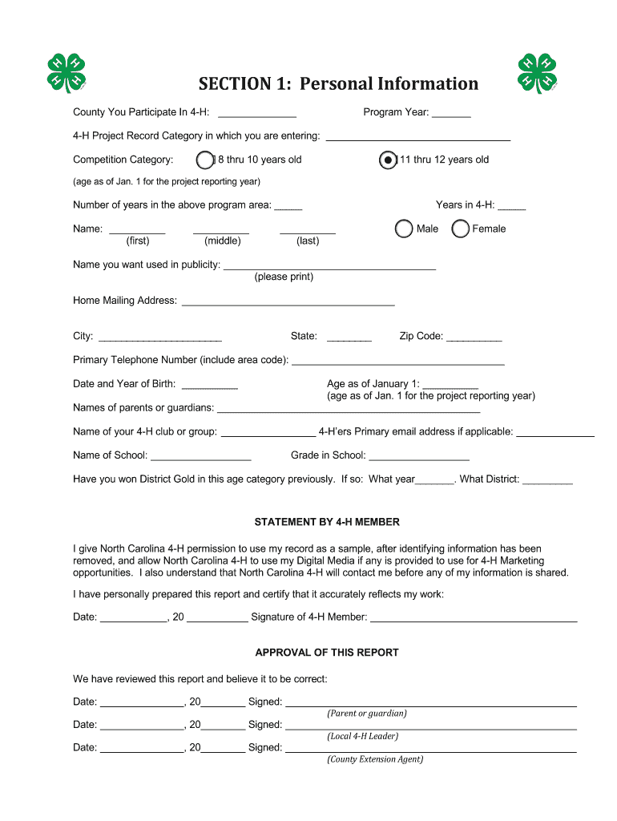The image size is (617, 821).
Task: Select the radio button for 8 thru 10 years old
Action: tap(205, 160)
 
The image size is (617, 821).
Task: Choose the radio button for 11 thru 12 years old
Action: tap(388, 160)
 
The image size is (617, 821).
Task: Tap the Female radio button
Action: tap(461, 229)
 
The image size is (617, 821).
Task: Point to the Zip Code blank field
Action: tap(474, 338)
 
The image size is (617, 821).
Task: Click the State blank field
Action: tap(349, 338)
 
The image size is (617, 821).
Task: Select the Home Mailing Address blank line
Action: tap(288, 302)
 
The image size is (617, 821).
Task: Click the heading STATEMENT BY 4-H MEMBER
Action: tap(327, 522)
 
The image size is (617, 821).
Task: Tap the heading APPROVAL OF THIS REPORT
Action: tap(327, 653)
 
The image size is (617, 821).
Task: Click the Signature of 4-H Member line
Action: tap(474, 618)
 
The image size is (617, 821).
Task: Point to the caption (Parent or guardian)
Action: tap(366, 714)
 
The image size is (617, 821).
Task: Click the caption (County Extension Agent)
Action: tap(374, 759)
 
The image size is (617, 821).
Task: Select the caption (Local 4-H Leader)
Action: tap(362, 736)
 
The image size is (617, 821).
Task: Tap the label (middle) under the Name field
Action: tap(222, 241)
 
